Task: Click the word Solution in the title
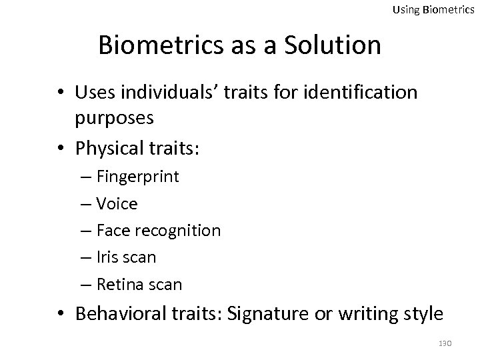tap(334, 45)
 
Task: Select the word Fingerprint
tap(137, 177)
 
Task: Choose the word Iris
tap(109, 257)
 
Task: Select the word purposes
tap(116, 118)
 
